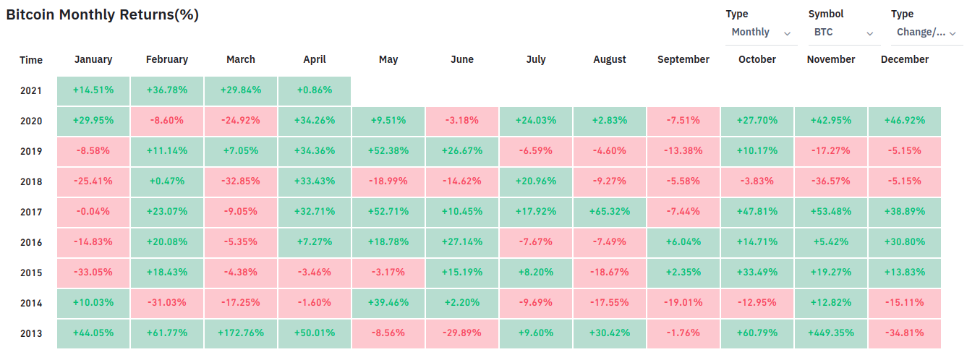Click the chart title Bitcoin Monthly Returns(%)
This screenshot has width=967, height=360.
(x=102, y=14)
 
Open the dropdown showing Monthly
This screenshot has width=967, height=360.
(x=760, y=33)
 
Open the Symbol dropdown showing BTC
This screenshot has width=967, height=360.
(x=843, y=33)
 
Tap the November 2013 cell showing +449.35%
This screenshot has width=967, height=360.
(x=830, y=333)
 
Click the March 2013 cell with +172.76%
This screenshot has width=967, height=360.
(x=241, y=333)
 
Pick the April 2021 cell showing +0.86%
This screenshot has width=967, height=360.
(x=315, y=90)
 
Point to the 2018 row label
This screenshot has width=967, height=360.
(x=31, y=181)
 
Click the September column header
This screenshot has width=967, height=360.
(x=683, y=59)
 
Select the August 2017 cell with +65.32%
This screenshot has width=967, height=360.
(x=609, y=212)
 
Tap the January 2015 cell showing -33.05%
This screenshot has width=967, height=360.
(x=93, y=273)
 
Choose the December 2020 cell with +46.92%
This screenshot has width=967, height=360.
(x=904, y=121)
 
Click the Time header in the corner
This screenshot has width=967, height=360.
(x=31, y=60)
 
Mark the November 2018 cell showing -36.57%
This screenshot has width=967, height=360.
(x=830, y=181)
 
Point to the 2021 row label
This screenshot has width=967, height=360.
(x=31, y=90)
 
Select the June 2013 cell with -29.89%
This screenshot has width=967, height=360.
(x=462, y=333)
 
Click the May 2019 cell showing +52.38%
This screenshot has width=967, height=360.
(x=388, y=151)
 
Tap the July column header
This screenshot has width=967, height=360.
(x=535, y=59)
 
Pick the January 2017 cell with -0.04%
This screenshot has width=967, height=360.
(x=93, y=212)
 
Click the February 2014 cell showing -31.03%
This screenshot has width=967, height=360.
(x=167, y=303)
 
